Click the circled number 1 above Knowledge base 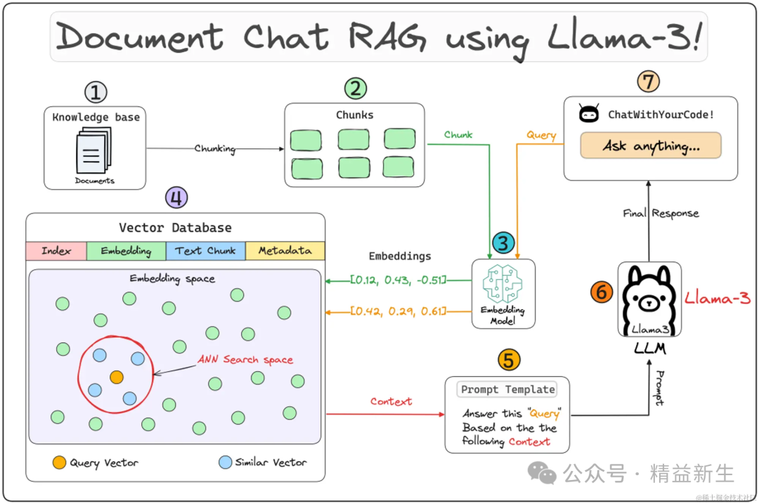pyautogui.click(x=96, y=92)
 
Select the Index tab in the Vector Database pyautogui.click(x=56, y=251)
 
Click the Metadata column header pyautogui.click(x=285, y=251)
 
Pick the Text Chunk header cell pyautogui.click(x=206, y=251)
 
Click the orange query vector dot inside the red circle pyautogui.click(x=117, y=377)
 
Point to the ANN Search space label pyautogui.click(x=245, y=359)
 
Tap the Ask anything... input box pyautogui.click(x=651, y=146)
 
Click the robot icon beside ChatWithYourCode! pyautogui.click(x=588, y=114)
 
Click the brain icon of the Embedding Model pyautogui.click(x=502, y=285)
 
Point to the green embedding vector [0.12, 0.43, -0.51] pyautogui.click(x=398, y=280)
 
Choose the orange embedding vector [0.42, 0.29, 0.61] pyautogui.click(x=398, y=311)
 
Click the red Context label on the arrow pyautogui.click(x=391, y=401)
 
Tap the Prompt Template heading pyautogui.click(x=507, y=389)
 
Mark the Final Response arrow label pyautogui.click(x=661, y=214)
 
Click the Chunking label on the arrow pyautogui.click(x=214, y=148)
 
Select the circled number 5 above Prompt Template pyautogui.click(x=509, y=360)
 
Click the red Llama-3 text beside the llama pyautogui.click(x=718, y=299)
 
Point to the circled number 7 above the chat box pyautogui.click(x=648, y=82)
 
